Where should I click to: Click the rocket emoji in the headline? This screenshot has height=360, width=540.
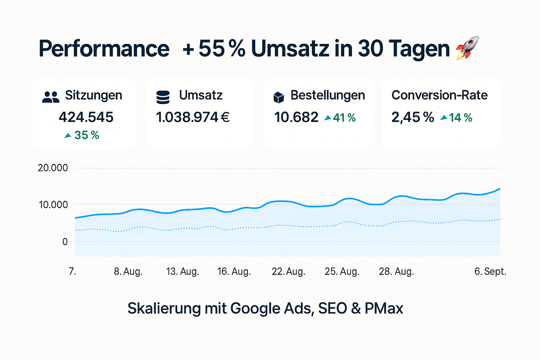tap(468, 48)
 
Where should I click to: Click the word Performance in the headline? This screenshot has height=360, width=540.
tap(104, 49)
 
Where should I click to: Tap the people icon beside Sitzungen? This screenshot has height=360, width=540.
tap(51, 97)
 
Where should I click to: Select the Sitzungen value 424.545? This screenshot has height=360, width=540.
tap(86, 117)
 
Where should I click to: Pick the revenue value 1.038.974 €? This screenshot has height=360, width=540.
tap(193, 117)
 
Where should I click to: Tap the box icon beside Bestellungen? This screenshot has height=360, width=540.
tap(279, 97)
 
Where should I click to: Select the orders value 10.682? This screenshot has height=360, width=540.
tap(296, 117)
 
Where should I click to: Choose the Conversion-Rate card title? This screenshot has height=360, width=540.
tap(440, 95)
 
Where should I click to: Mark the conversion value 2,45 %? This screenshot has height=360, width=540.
tap(413, 117)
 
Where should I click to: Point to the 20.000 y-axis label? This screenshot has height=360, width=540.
tap(53, 168)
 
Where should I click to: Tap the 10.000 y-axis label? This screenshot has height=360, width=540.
tap(53, 205)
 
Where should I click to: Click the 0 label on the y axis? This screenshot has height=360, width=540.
tap(65, 242)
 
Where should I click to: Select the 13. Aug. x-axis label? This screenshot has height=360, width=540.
tap(183, 271)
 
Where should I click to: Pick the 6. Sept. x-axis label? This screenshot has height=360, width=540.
tap(490, 271)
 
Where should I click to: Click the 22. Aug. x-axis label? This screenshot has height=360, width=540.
tap(288, 271)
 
